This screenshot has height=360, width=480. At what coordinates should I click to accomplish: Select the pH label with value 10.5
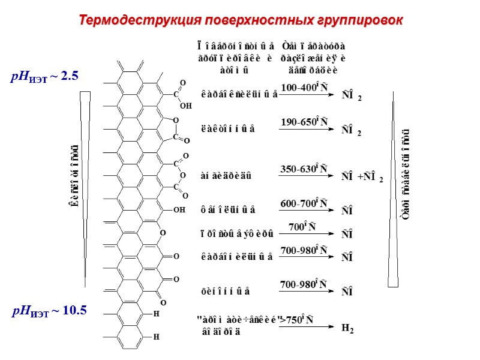pos(50,310)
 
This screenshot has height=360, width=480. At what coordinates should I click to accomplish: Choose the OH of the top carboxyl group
pos(185,105)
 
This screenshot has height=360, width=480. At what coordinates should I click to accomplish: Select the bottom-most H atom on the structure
pos(157,337)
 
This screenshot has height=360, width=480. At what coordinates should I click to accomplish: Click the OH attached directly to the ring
pos(179,211)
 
